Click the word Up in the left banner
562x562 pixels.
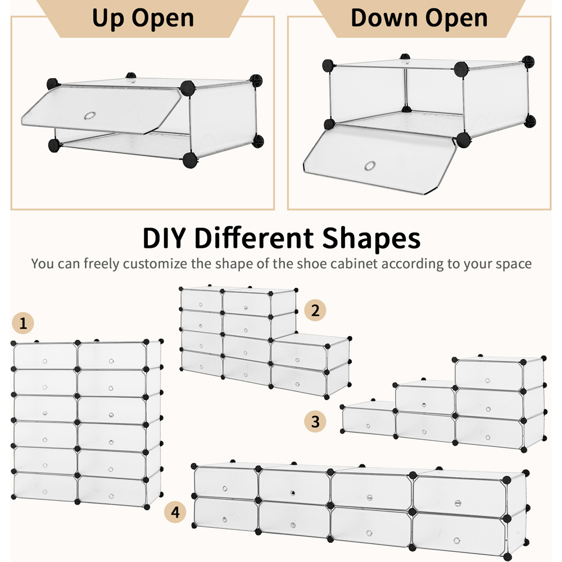[x=108, y=19]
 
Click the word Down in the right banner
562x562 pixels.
[x=384, y=18]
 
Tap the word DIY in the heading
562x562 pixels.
[x=164, y=238]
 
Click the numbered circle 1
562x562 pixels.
[x=23, y=323]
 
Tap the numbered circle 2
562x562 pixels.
[x=315, y=310]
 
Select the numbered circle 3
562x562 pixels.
[x=315, y=421]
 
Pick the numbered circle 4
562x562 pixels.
[x=175, y=512]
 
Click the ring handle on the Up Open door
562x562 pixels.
[x=89, y=116]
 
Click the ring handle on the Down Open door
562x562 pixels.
[x=370, y=166]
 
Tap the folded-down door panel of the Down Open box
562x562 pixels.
[x=380, y=160]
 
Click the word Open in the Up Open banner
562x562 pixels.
[x=163, y=19]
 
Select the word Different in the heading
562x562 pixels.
[x=254, y=238]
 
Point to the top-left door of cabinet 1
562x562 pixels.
[x=45, y=356]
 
